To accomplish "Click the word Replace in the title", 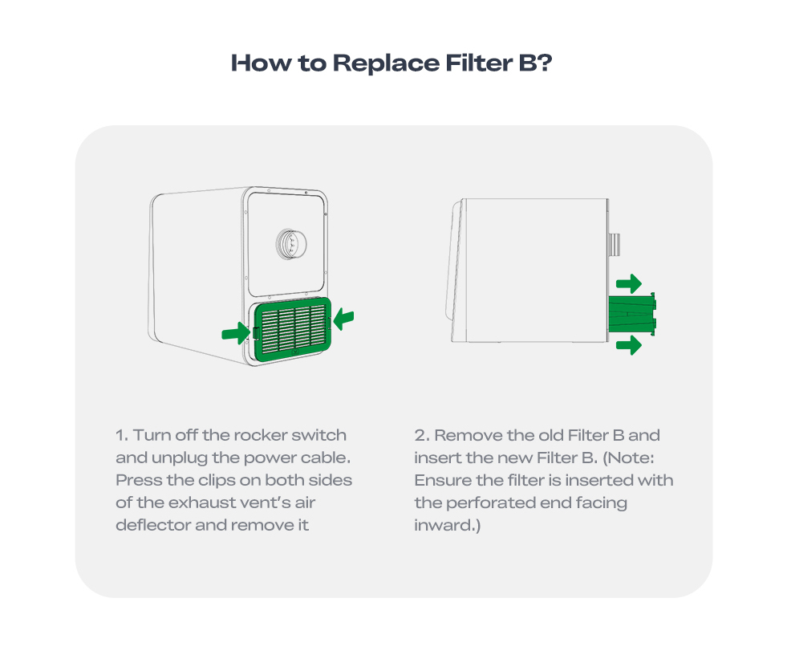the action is tap(385, 63).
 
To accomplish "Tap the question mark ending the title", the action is tap(545, 63).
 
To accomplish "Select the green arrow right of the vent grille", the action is tap(344, 319).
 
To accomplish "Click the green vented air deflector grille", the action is tap(293, 329).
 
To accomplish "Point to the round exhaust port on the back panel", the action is tap(291, 244).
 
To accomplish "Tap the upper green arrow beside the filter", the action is tap(629, 284).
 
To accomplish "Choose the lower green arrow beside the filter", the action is tap(629, 345).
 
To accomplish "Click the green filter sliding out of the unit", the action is tap(632, 314).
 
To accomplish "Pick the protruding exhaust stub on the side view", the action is tap(615, 244).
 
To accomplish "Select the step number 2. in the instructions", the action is tap(422, 435).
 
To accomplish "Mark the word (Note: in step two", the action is tap(628, 458).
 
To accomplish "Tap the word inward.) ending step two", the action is tap(447, 526).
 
